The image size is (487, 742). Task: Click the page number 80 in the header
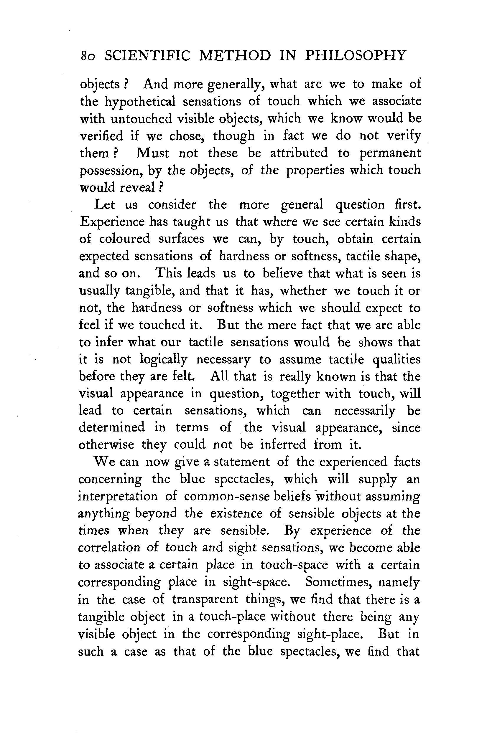pyautogui.click(x=88, y=56)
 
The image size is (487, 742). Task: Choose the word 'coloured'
pyautogui.click(x=124, y=239)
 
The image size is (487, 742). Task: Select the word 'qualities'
pyautogui.click(x=396, y=359)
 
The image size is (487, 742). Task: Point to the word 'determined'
pyautogui.click(x=112, y=427)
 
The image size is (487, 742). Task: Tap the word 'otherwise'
pyautogui.click(x=106, y=444)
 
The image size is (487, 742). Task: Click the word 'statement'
pyautogui.click(x=241, y=462)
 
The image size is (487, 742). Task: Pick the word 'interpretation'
pyautogui.click(x=118, y=496)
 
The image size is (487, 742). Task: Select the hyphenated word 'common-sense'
pyautogui.click(x=226, y=496)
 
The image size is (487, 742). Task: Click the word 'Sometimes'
pyautogui.click(x=337, y=582)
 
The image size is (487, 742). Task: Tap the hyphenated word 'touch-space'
pyautogui.click(x=294, y=565)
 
